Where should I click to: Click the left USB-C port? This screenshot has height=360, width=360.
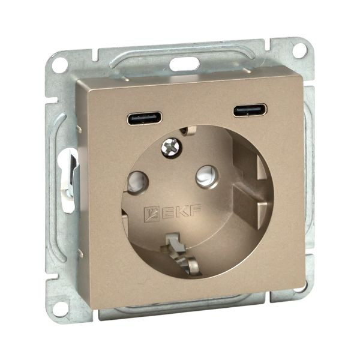pyautogui.click(x=145, y=118)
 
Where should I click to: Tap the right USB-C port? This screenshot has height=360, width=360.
pyautogui.click(x=250, y=110)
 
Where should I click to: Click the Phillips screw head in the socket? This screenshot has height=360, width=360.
pyautogui.click(x=171, y=147)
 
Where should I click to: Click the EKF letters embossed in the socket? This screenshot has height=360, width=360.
pyautogui.click(x=181, y=211)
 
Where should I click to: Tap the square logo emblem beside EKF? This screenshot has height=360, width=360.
pyautogui.click(x=151, y=214)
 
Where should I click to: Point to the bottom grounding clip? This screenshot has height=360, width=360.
pyautogui.click(x=181, y=255)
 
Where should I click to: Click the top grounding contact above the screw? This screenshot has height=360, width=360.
pyautogui.click(x=188, y=130)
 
